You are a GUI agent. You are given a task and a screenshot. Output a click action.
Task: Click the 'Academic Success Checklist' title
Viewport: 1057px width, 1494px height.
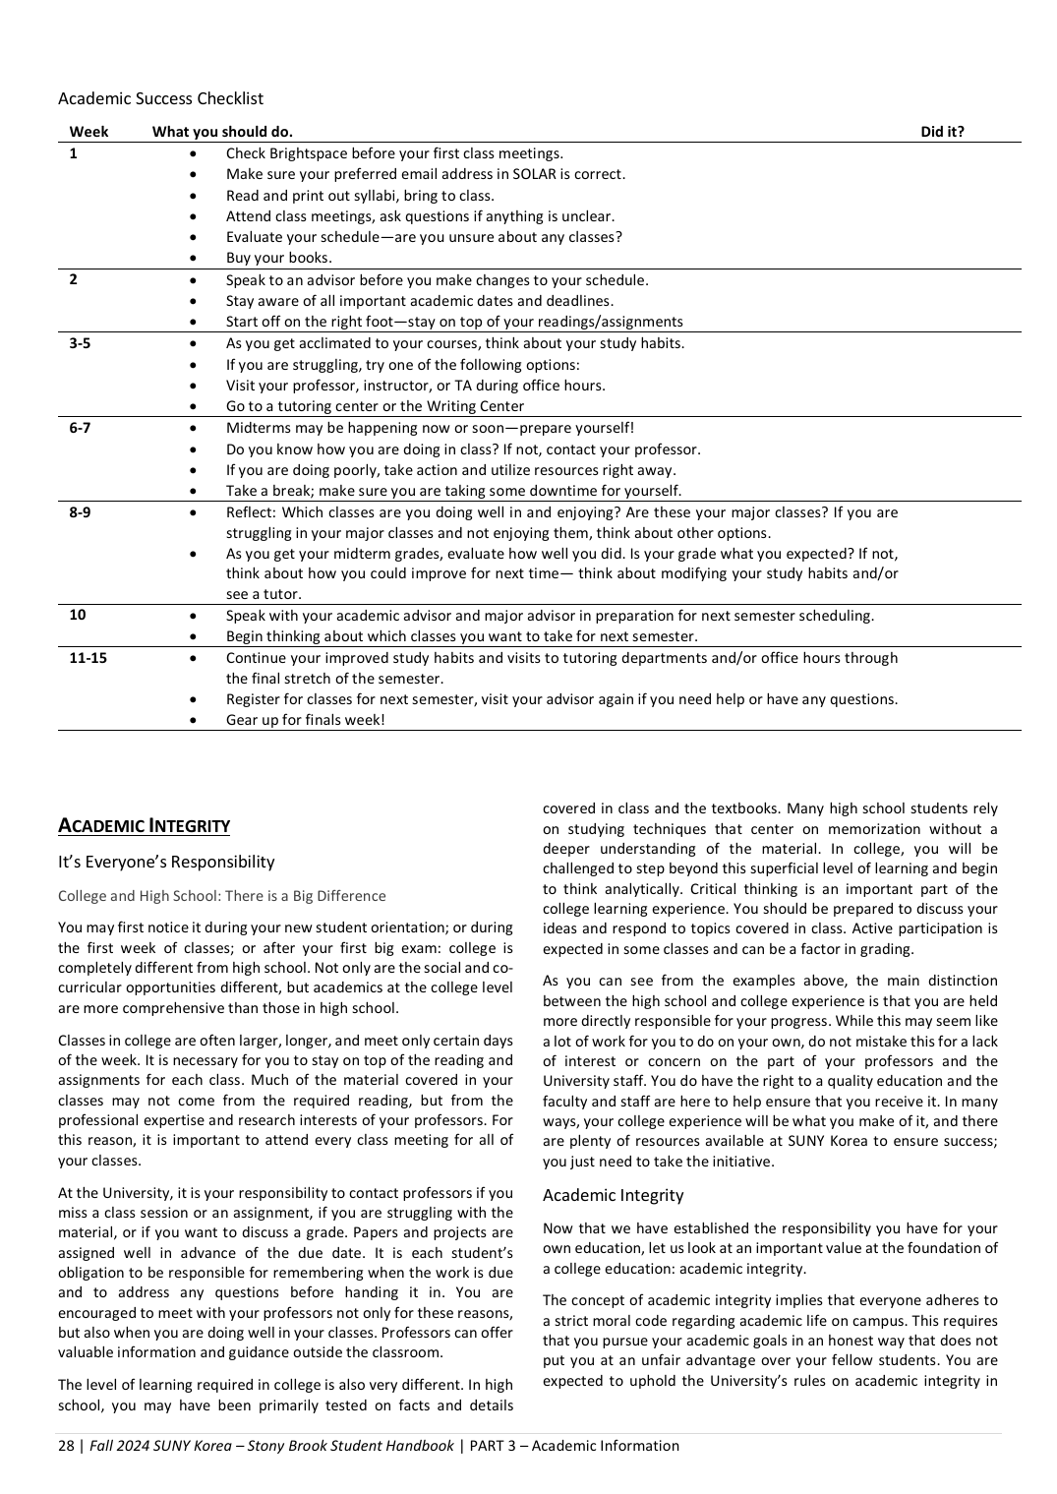tap(160, 98)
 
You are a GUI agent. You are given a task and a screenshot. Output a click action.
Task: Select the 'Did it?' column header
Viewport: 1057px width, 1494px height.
tap(942, 132)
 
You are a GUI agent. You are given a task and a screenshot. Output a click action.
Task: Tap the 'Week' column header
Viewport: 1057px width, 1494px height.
tap(88, 132)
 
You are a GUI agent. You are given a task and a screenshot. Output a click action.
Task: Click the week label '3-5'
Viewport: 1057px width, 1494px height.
tap(80, 343)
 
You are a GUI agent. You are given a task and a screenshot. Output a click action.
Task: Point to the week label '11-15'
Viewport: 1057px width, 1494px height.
tap(88, 658)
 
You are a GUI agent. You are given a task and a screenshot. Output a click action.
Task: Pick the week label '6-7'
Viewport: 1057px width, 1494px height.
tap(80, 428)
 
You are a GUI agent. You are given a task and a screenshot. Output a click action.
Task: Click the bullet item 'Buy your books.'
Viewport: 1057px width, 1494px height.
tap(279, 259)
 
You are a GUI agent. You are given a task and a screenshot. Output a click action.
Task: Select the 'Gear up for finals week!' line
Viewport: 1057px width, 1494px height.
tap(305, 720)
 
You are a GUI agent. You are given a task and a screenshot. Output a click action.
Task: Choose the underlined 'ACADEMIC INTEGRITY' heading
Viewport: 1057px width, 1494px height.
tap(144, 826)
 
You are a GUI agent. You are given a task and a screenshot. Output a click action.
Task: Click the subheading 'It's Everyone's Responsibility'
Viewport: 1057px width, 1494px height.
tap(166, 863)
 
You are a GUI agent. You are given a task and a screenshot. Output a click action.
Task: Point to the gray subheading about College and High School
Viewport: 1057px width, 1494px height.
tap(221, 896)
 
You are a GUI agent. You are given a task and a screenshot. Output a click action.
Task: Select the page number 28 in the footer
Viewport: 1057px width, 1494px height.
tap(66, 1446)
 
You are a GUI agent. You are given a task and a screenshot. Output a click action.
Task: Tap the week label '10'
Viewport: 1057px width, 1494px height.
tap(78, 616)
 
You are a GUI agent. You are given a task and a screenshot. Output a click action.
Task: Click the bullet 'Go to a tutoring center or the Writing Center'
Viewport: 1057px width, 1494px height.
tap(375, 406)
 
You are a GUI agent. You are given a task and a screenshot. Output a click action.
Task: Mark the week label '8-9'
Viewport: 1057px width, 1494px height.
tap(80, 512)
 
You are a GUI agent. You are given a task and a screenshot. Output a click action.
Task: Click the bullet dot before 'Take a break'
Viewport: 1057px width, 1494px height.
tap(193, 491)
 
